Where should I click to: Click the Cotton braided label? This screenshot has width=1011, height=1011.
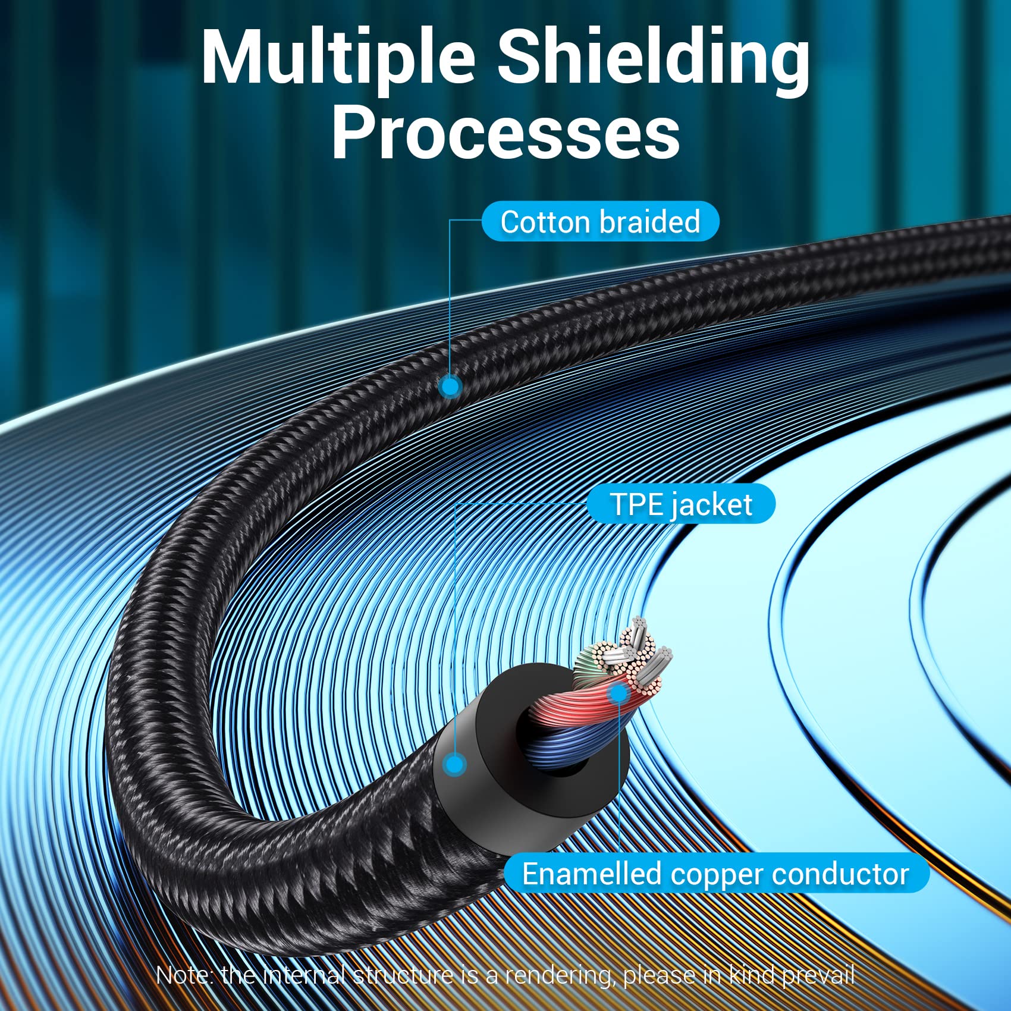[600, 222]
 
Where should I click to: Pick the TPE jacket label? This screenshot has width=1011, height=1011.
[681, 504]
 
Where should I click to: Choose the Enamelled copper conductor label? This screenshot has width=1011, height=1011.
[715, 874]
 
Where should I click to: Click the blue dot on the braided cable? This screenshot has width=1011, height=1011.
[451, 387]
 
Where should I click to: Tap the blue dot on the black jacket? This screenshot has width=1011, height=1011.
[456, 764]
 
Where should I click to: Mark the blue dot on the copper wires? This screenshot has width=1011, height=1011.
[619, 693]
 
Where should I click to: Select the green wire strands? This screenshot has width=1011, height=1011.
[589, 660]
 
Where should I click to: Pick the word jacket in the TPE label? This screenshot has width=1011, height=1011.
[712, 504]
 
